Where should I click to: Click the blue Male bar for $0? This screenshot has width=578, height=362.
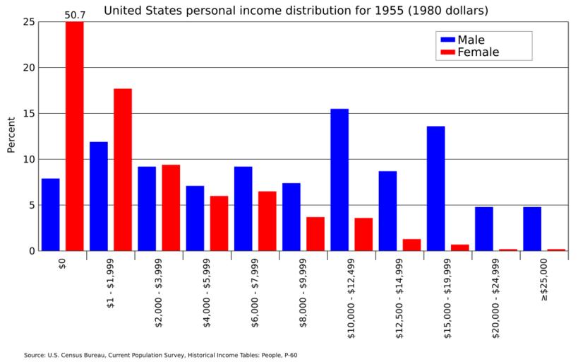coord(51,215)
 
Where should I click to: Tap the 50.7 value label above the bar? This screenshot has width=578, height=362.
coord(75,14)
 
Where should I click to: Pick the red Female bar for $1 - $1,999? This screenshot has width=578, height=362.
coord(123,170)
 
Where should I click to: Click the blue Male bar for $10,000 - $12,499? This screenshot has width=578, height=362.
coord(339,180)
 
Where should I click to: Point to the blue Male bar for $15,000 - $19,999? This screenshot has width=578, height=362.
coord(435,188)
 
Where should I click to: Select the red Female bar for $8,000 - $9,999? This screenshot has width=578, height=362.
coord(315,233)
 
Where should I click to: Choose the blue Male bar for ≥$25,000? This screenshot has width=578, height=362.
coord(532,228)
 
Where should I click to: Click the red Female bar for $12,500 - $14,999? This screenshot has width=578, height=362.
coord(411,245)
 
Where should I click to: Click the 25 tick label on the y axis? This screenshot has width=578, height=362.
coord(29,22)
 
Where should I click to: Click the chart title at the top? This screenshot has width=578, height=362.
coord(296,11)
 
